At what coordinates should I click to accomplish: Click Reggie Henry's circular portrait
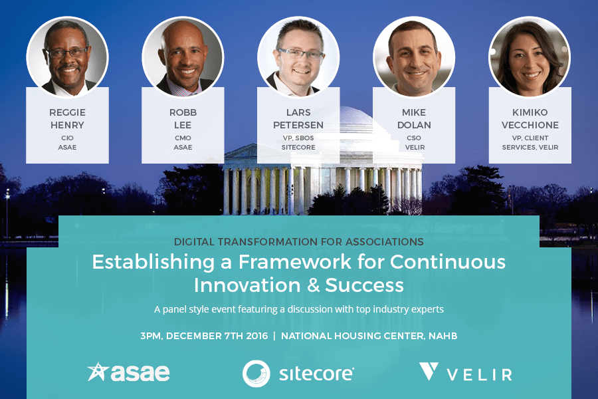(68, 57)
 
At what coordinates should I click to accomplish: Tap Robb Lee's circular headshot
(183, 57)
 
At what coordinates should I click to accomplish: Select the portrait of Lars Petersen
(298, 57)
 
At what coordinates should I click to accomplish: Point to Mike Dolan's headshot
(414, 57)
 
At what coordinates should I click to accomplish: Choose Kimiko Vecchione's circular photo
(530, 57)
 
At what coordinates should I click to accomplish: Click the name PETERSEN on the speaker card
(298, 125)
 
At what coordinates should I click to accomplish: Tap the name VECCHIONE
(530, 125)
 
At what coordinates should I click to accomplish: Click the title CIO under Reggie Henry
(68, 138)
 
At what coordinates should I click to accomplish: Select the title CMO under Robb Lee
(183, 138)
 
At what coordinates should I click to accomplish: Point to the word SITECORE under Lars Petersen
(298, 148)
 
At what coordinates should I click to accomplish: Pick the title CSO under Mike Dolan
(414, 138)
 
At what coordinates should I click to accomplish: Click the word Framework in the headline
(295, 262)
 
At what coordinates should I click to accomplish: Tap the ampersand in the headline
(313, 285)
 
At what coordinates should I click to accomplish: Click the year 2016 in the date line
(257, 336)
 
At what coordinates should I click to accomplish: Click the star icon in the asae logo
(98, 372)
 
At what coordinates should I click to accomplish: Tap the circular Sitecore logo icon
(256, 374)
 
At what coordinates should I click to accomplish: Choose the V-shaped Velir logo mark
(429, 371)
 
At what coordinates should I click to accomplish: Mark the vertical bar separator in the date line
(274, 336)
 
